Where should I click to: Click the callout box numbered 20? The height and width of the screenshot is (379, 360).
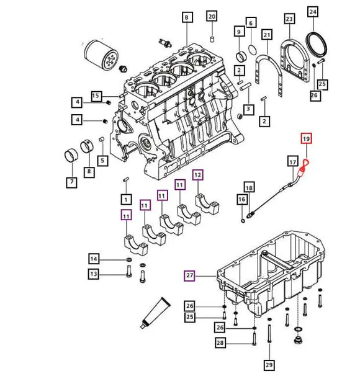coord(212,16)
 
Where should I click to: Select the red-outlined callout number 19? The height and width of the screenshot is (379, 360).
coord(305,139)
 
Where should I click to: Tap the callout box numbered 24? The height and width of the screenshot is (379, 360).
coord(312,12)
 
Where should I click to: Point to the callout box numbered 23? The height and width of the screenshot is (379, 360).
coord(289,19)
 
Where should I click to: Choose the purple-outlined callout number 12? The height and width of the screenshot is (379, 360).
coord(197,175)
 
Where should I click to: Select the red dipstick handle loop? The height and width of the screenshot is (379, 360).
coord(304,164)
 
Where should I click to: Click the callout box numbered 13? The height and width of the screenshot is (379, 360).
coord(94,274)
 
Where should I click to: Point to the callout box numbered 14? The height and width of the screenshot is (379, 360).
coord(94,259)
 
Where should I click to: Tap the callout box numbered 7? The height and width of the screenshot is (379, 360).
coord(72,182)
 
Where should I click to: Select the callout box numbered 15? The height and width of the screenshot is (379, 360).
coord(96,96)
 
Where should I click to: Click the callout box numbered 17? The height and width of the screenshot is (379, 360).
coord(292,162)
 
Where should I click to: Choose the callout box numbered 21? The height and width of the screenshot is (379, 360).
coord(266,34)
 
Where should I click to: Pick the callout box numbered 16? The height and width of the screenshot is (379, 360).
coord(242,199)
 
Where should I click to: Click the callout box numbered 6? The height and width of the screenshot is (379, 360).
coord(251,23)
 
